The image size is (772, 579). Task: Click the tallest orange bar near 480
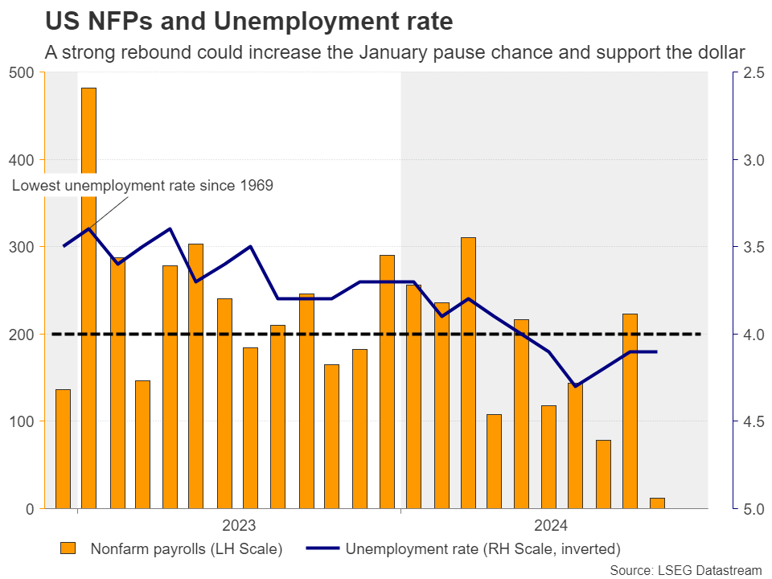[88, 298]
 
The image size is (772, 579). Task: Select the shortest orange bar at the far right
[657, 503]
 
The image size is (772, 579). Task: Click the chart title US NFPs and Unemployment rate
[249, 21]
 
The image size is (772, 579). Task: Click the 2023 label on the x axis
[239, 526]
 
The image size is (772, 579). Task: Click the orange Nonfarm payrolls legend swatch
[69, 549]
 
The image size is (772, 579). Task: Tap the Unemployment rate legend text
[482, 549]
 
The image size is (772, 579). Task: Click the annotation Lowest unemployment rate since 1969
[142, 186]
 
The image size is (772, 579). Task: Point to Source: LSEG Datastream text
[685, 569]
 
